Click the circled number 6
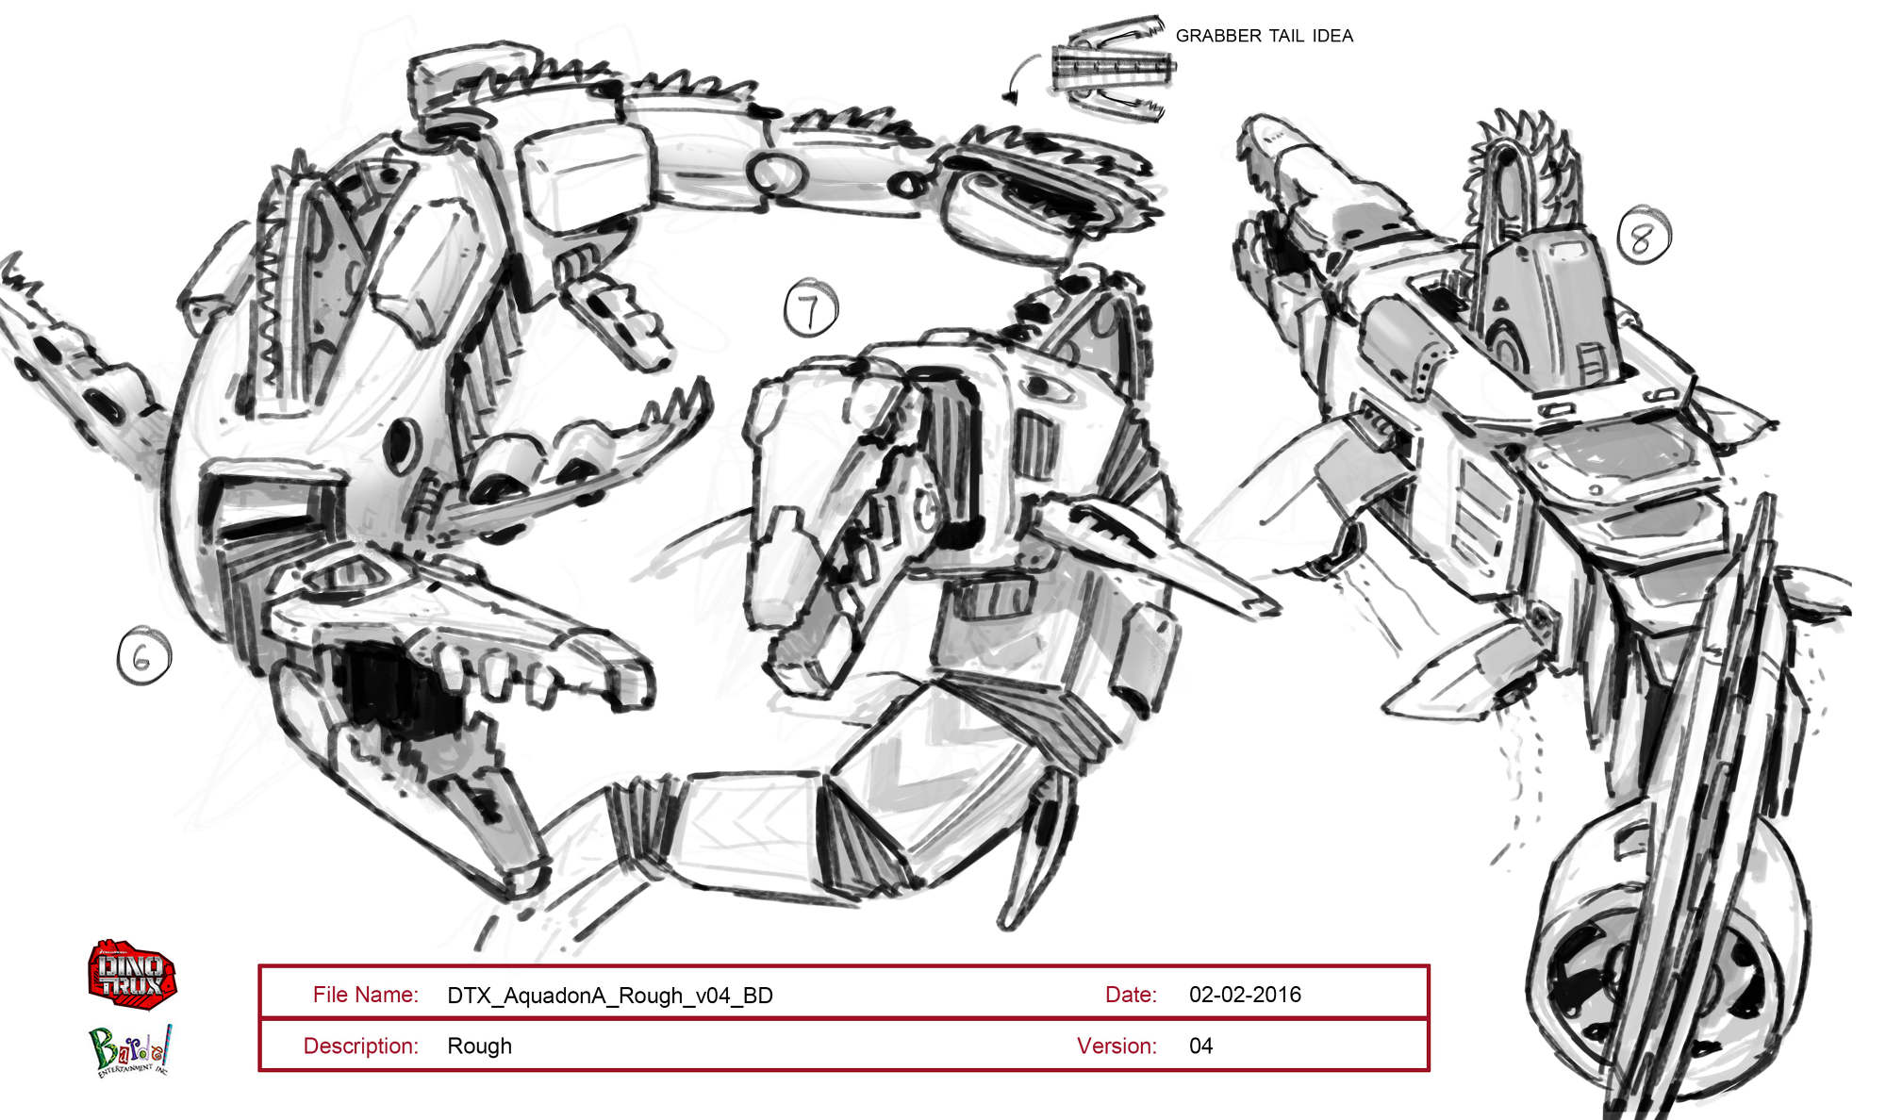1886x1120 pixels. (x=144, y=656)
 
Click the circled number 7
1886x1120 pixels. (x=811, y=307)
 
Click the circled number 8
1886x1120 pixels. (x=1644, y=236)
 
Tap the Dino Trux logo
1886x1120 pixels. (x=132, y=974)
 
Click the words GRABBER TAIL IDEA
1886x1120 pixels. (x=1264, y=36)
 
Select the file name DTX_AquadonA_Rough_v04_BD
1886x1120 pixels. (x=610, y=996)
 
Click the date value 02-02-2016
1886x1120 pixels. (x=1245, y=995)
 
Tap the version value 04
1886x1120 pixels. (x=1200, y=1046)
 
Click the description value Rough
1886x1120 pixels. (x=479, y=1046)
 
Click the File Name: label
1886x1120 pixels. (x=365, y=995)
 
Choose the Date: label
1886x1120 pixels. (x=1131, y=995)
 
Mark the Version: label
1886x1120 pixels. (x=1117, y=1046)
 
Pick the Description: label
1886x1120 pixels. (x=360, y=1046)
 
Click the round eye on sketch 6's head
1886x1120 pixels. (x=401, y=444)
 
